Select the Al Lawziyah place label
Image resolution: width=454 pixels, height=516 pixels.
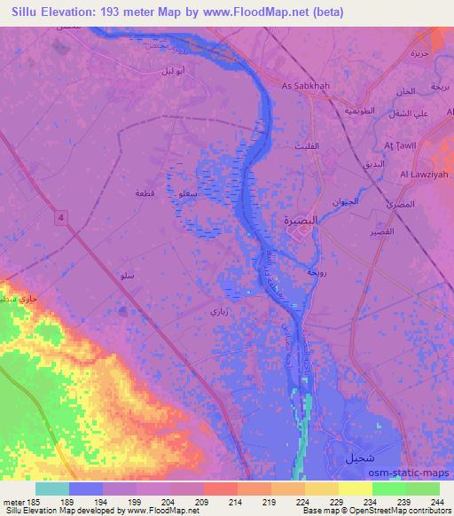coord(421,175)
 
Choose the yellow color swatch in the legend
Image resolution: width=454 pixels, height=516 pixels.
coord(355,489)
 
